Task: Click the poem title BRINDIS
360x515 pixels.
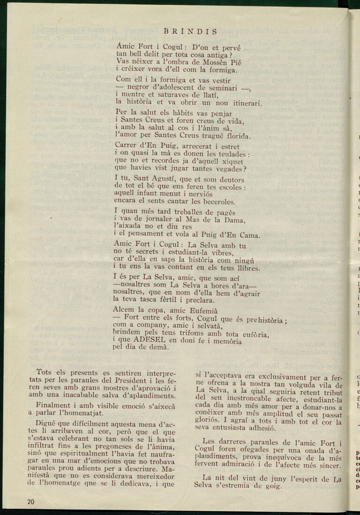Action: click(x=190, y=32)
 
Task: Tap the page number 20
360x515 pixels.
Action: click(x=31, y=501)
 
